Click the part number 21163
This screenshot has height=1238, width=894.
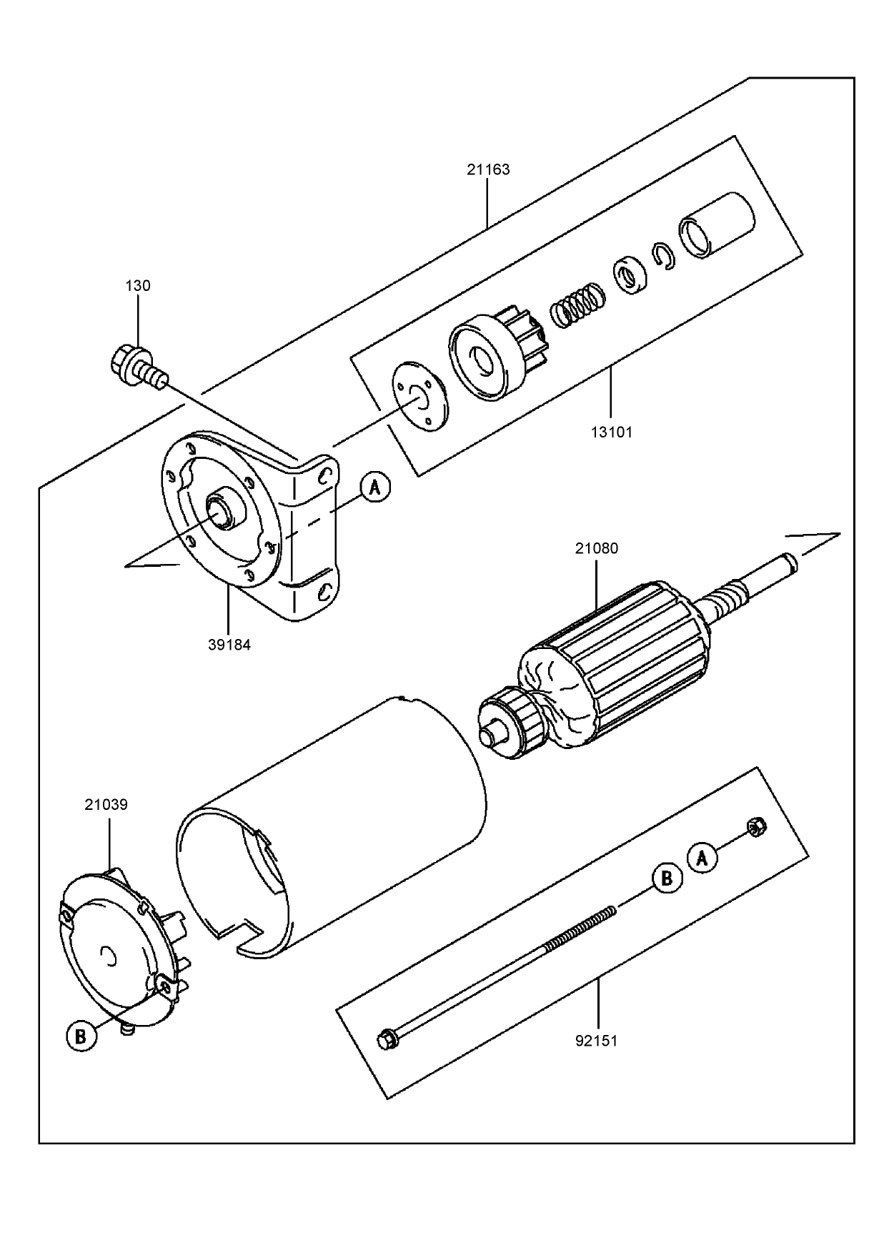pyautogui.click(x=488, y=170)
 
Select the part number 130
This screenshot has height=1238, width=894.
pyautogui.click(x=138, y=286)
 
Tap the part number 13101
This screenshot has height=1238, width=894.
pyautogui.click(x=612, y=432)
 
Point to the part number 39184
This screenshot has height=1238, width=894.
pyautogui.click(x=229, y=644)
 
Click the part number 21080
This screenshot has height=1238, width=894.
pyautogui.click(x=597, y=549)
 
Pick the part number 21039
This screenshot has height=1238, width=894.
pyautogui.click(x=106, y=805)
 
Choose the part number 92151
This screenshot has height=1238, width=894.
pyautogui.click(x=597, y=1041)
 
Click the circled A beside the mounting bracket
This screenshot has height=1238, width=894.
pyautogui.click(x=375, y=487)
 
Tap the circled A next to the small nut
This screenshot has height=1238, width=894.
pyautogui.click(x=702, y=857)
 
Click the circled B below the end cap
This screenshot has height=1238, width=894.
pyautogui.click(x=81, y=1036)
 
